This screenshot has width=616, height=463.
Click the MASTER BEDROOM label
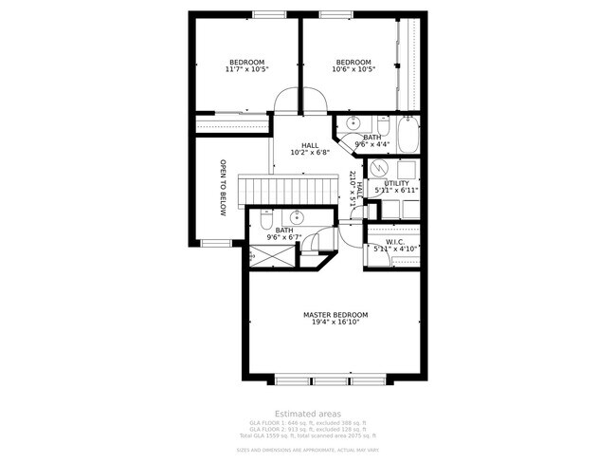[x=335, y=314]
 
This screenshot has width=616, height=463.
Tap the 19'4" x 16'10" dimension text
[x=335, y=322]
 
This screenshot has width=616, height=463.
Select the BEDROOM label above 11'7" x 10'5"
[x=246, y=62]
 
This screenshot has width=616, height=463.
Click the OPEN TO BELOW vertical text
[x=223, y=187]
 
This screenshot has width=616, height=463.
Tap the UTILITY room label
[x=396, y=183]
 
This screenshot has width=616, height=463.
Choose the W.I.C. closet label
[x=396, y=241]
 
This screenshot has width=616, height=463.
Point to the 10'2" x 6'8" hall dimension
[x=309, y=153]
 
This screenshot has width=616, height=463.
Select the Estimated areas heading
[x=307, y=414]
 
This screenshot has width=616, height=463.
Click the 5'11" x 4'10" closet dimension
[x=396, y=249]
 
